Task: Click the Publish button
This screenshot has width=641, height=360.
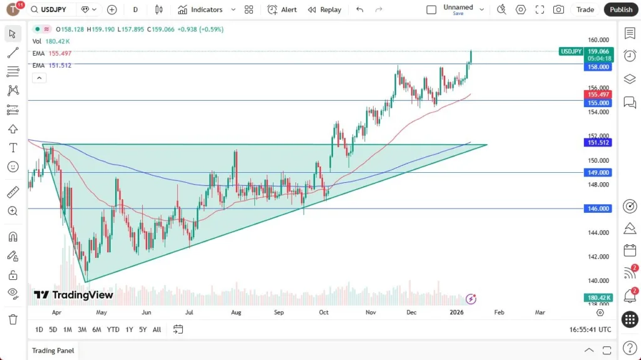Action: (x=621, y=9)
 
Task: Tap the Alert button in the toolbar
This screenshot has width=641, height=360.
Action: (x=282, y=9)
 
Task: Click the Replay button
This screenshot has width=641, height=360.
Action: (x=324, y=9)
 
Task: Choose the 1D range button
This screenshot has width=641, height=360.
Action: (x=39, y=329)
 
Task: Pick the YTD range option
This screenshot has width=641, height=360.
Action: (x=113, y=329)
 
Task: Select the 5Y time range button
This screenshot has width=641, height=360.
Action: (x=143, y=329)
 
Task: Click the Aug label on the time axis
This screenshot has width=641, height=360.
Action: (x=236, y=312)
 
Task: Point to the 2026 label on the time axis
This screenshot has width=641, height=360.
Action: (x=456, y=312)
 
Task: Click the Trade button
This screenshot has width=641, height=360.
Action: (x=585, y=9)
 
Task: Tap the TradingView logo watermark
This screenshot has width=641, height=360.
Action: (x=74, y=295)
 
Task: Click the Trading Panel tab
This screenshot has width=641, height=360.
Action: (x=53, y=351)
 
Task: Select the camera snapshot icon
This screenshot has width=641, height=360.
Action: (x=558, y=9)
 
